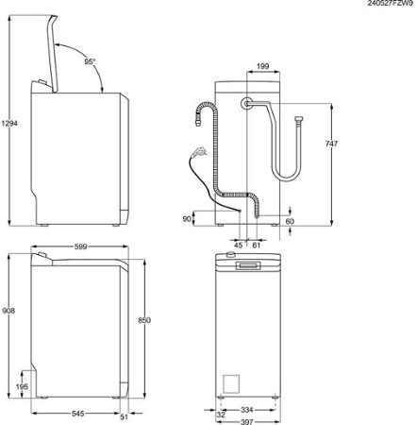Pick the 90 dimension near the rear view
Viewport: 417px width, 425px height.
[x=187, y=219]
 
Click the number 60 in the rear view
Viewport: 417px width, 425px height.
[x=290, y=221]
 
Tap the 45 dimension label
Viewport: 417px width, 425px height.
[x=238, y=245]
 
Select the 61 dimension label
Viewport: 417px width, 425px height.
[x=257, y=245]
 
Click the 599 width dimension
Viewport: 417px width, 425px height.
[x=81, y=246]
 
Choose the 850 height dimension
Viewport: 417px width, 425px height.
[x=144, y=321]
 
